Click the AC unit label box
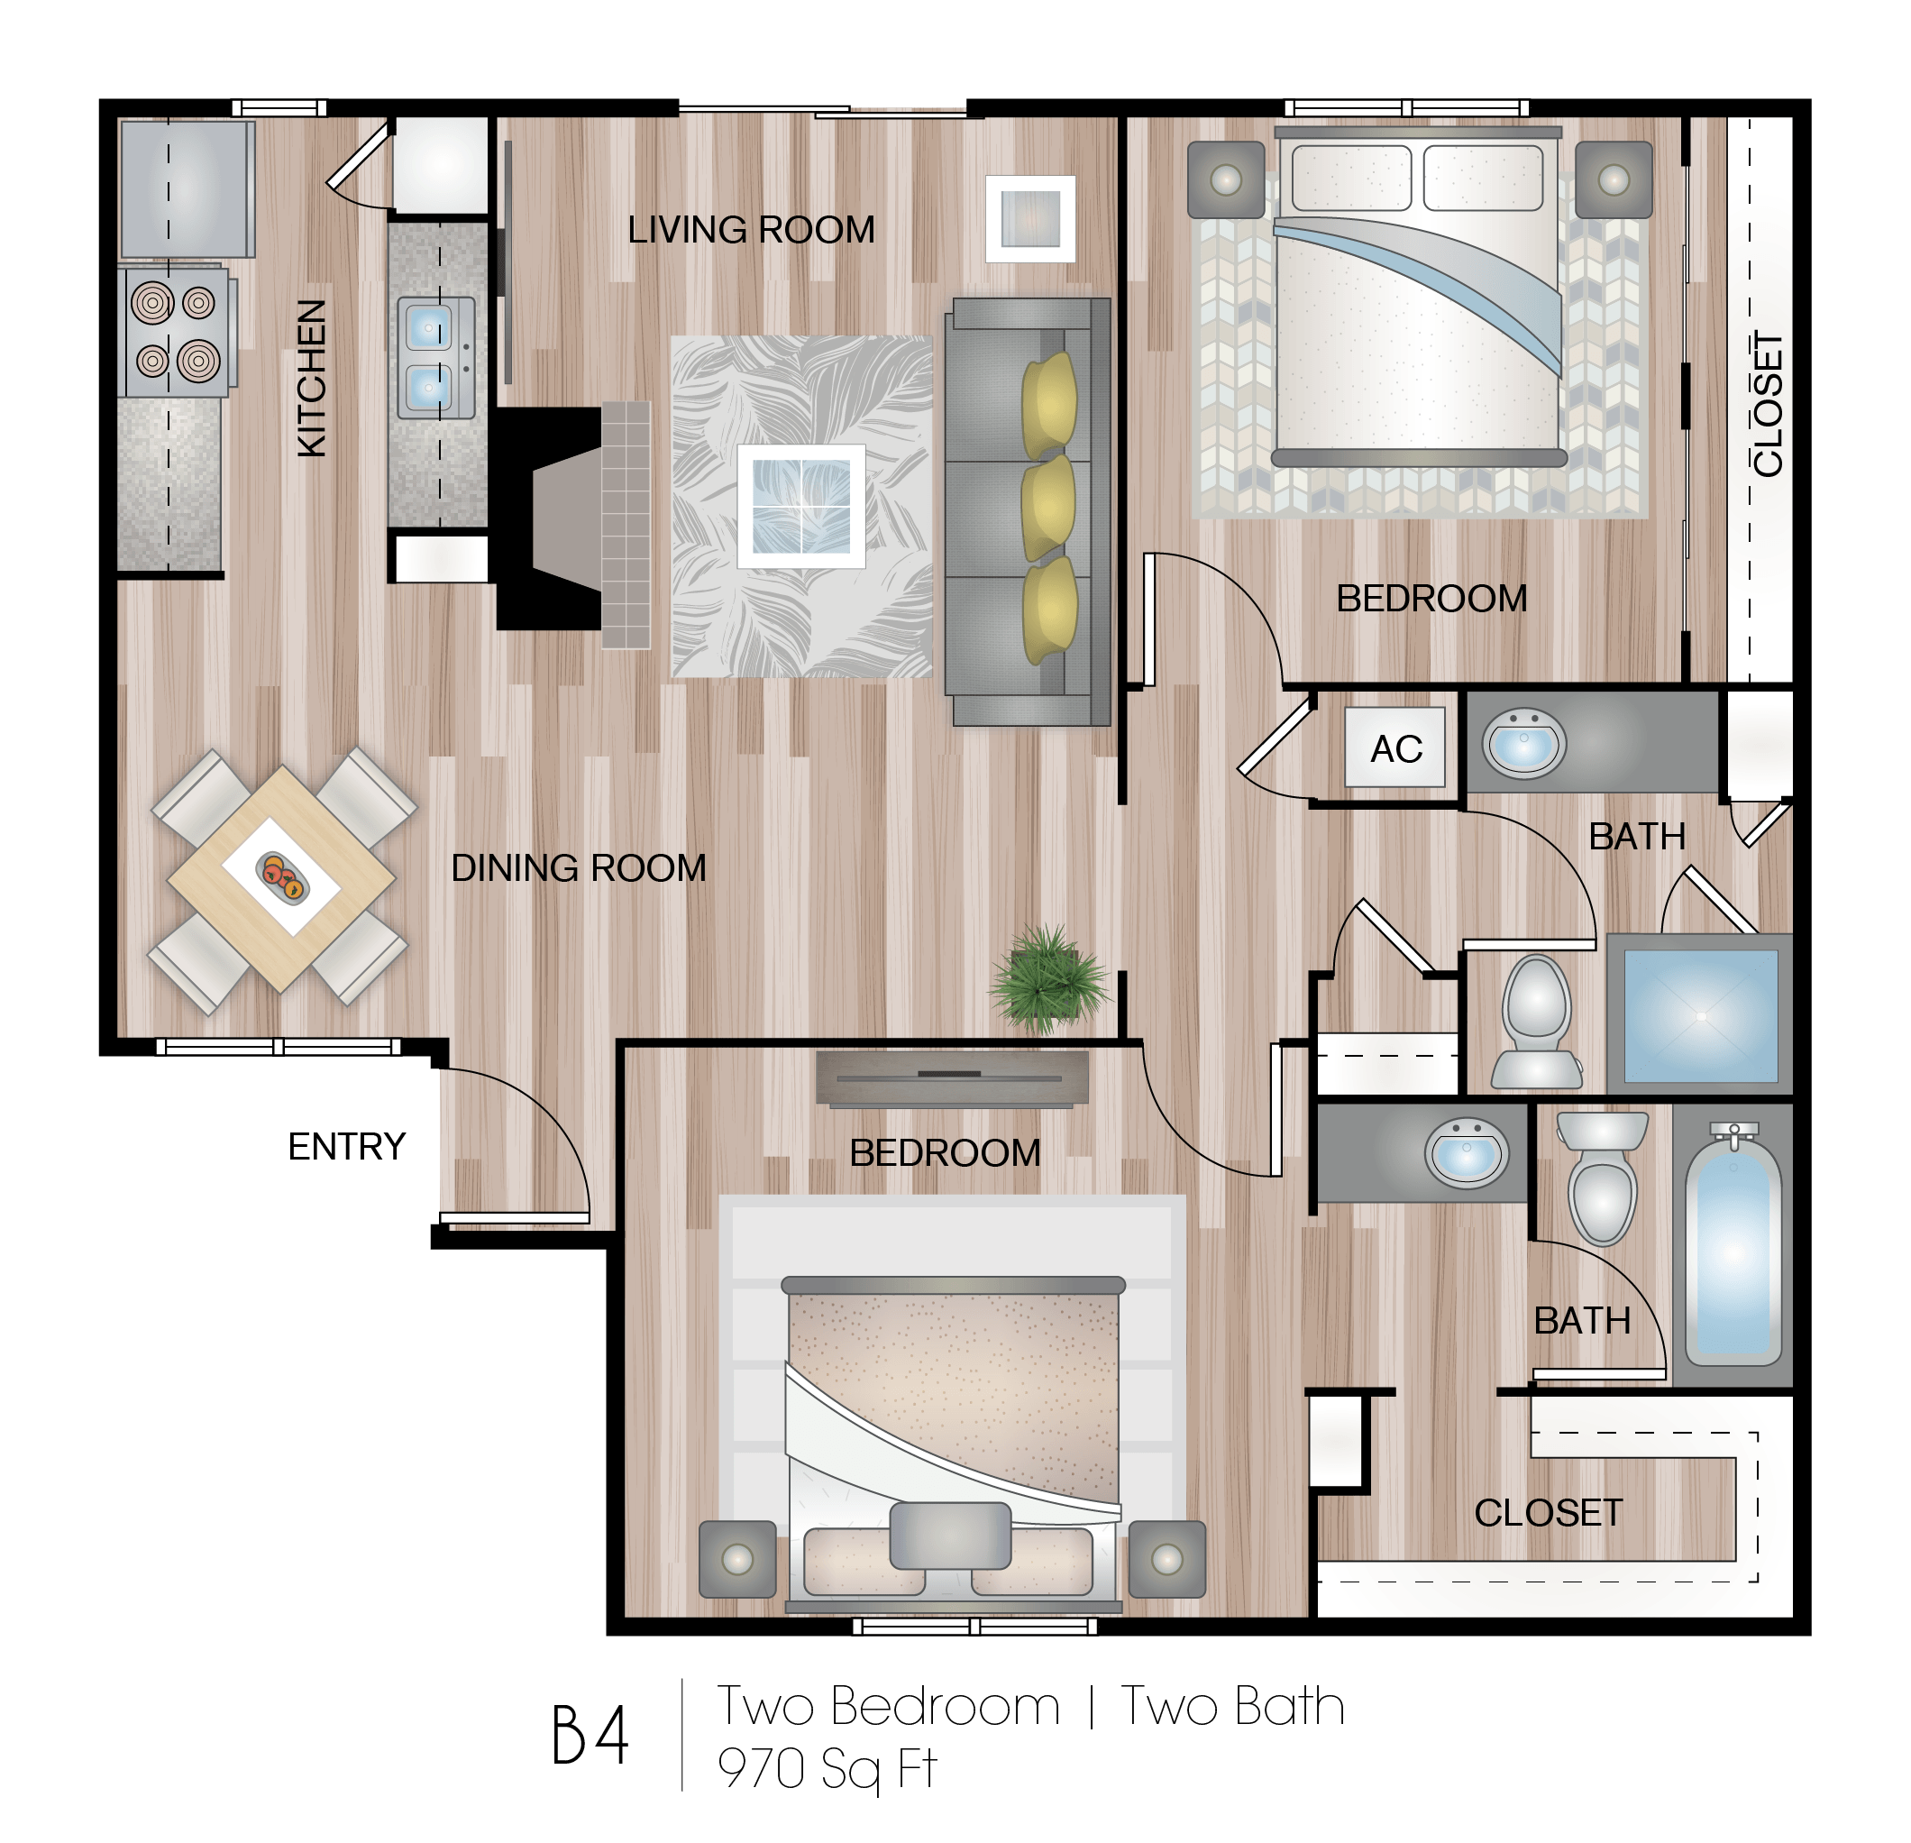click(1394, 747)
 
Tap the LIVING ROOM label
click(751, 230)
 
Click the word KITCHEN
click(311, 379)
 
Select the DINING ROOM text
click(578, 868)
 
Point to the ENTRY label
click(347, 1146)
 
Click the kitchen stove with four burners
click(176, 333)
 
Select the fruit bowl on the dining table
click(282, 875)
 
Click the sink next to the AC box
click(1524, 744)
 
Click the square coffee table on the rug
click(801, 506)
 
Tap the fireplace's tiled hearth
click(626, 525)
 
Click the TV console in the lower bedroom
click(952, 1077)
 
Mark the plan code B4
click(590, 1735)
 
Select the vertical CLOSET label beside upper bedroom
click(1767, 405)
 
